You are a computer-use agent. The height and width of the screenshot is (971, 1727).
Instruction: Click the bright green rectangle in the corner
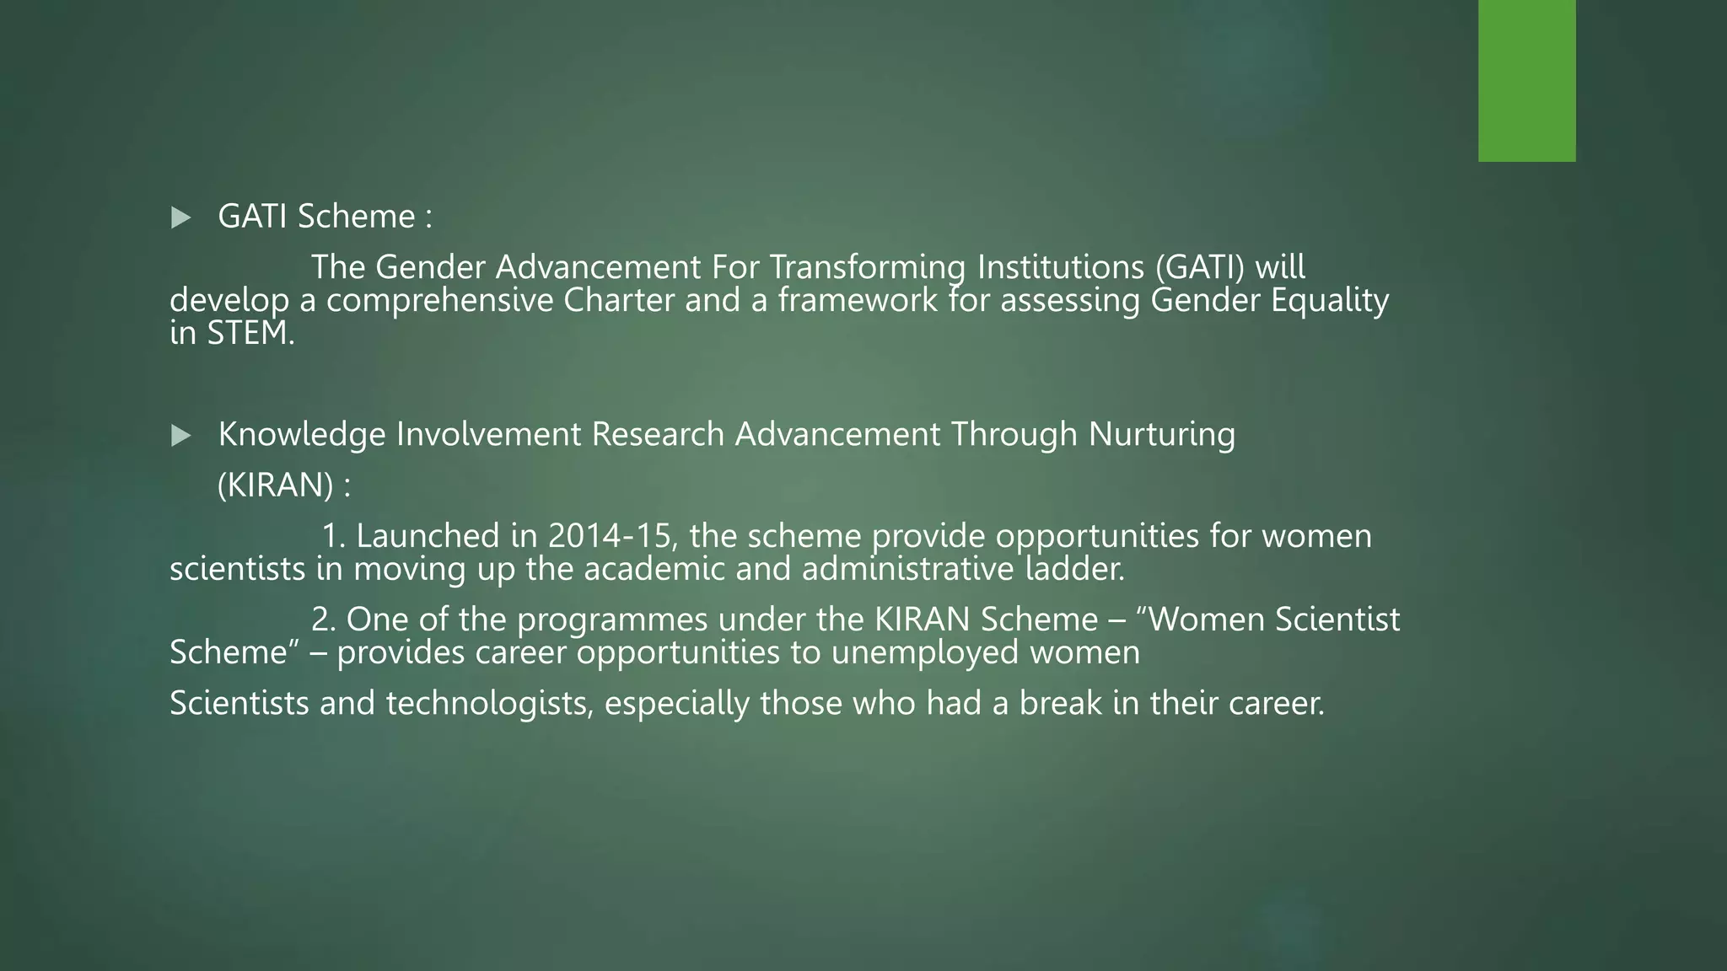pos(1526,80)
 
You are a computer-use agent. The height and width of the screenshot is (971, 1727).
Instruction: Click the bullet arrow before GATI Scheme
pos(180,218)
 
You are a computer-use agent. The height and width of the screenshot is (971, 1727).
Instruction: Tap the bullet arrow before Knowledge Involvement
pos(180,436)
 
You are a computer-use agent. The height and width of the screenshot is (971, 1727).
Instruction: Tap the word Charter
pos(618,301)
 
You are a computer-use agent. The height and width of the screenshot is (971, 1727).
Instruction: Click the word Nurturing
pos(1161,435)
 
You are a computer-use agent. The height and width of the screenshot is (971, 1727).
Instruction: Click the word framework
pos(857,301)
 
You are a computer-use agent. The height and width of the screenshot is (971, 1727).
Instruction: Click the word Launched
pos(428,537)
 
